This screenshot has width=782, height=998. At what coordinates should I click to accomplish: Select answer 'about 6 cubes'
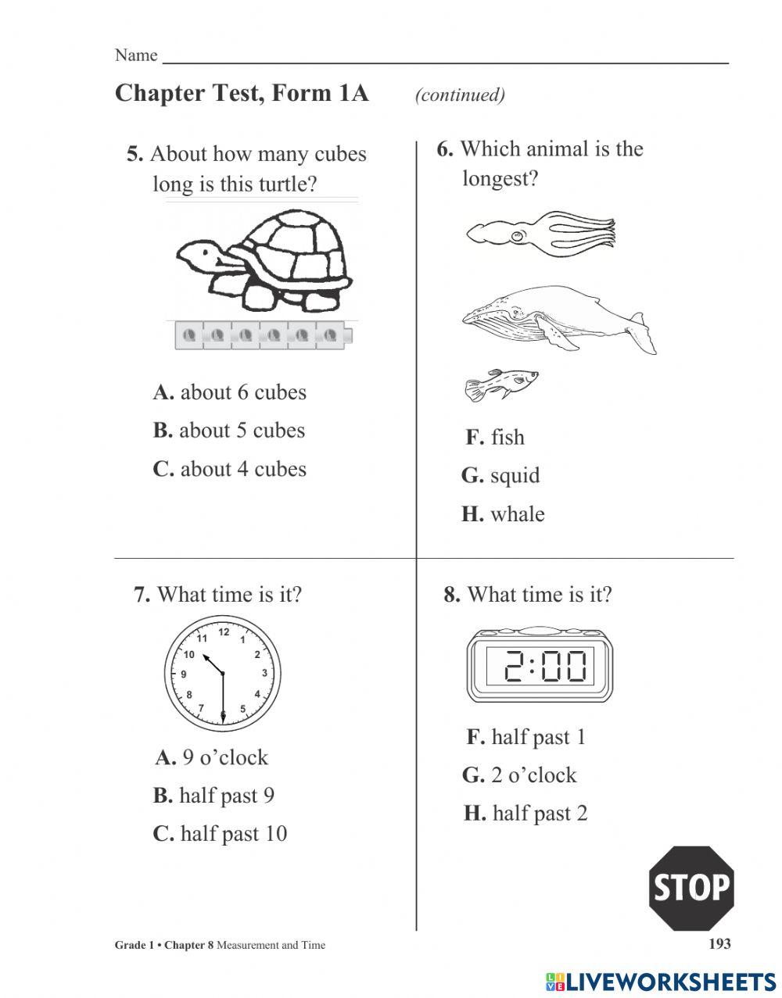point(229,392)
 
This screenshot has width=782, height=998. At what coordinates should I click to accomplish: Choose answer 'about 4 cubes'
point(229,469)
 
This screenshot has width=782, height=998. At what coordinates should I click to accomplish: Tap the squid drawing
point(540,232)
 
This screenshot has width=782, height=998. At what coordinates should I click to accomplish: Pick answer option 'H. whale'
point(503,514)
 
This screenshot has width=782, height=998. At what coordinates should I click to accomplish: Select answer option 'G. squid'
point(500,475)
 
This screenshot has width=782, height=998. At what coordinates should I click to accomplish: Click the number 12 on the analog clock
point(224,632)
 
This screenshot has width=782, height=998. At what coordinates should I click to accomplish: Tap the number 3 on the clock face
point(264,674)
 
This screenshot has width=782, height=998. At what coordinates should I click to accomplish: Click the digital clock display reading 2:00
point(540,667)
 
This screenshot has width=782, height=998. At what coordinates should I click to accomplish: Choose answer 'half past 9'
point(213,796)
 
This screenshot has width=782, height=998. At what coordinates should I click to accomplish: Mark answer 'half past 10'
point(220,834)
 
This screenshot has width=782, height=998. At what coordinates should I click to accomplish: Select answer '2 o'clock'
point(519,775)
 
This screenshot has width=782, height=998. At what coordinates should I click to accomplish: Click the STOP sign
point(691,888)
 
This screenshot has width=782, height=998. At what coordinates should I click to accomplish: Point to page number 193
point(719,943)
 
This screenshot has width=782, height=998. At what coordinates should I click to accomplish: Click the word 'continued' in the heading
point(460,95)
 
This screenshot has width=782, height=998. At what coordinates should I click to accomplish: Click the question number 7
point(142,595)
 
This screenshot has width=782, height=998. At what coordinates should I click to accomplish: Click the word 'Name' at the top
point(135,55)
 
